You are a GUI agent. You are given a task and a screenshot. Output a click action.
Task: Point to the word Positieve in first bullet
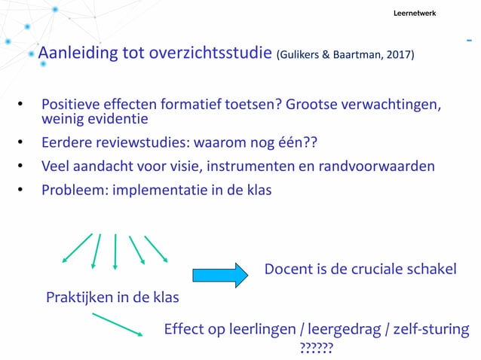point(72,104)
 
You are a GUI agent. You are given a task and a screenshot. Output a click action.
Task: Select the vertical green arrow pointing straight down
point(115,250)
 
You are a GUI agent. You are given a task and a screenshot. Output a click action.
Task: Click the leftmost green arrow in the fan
point(77,248)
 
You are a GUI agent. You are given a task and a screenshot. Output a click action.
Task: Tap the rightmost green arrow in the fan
point(156,248)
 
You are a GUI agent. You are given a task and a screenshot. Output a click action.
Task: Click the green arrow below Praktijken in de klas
point(118,325)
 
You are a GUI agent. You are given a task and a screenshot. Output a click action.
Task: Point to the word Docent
point(287,269)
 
